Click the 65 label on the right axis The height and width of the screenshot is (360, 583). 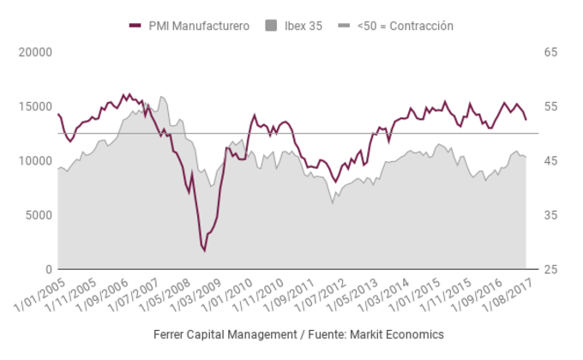[550, 52]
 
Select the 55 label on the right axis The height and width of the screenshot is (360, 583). [550, 106]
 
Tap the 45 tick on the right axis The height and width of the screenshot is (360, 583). [550, 160]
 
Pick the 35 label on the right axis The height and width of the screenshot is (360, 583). [550, 215]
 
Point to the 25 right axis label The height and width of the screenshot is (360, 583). [550, 269]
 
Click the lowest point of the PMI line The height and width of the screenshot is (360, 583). [204, 250]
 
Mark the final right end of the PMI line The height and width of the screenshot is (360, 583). [526, 119]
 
